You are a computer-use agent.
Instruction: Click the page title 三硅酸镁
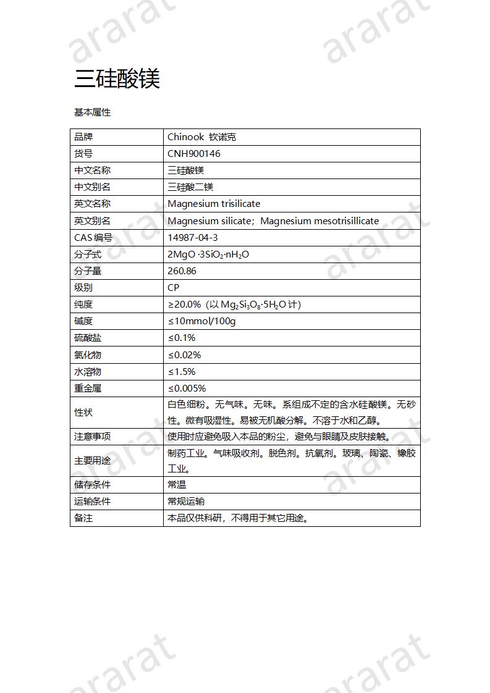coord(117,79)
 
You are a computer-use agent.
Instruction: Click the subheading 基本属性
coord(92,112)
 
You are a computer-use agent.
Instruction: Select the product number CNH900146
coord(193,154)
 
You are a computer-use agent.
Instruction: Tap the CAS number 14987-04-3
coord(192,237)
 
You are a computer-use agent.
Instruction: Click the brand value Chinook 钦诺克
coord(201,137)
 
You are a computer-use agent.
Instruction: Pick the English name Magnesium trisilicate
coord(214,204)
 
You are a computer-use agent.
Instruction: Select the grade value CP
coord(173,288)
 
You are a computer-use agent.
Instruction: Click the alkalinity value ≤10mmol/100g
coord(201,321)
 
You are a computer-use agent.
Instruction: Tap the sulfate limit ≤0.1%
coord(182,338)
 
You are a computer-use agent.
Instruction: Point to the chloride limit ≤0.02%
coord(184,355)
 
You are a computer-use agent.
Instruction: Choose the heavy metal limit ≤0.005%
coord(187,388)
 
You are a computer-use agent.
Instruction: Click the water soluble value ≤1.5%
coord(182,371)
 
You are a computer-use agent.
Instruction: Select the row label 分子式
coord(88,254)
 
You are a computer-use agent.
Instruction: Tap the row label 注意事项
coord(92,436)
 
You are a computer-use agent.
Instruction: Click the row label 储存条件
coord(92,485)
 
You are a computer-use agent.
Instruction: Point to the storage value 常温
coord(177,485)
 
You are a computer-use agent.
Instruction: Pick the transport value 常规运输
coord(186,502)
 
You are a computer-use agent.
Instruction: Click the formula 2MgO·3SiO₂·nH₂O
coord(208,254)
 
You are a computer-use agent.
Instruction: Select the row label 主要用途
coord(92,461)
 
